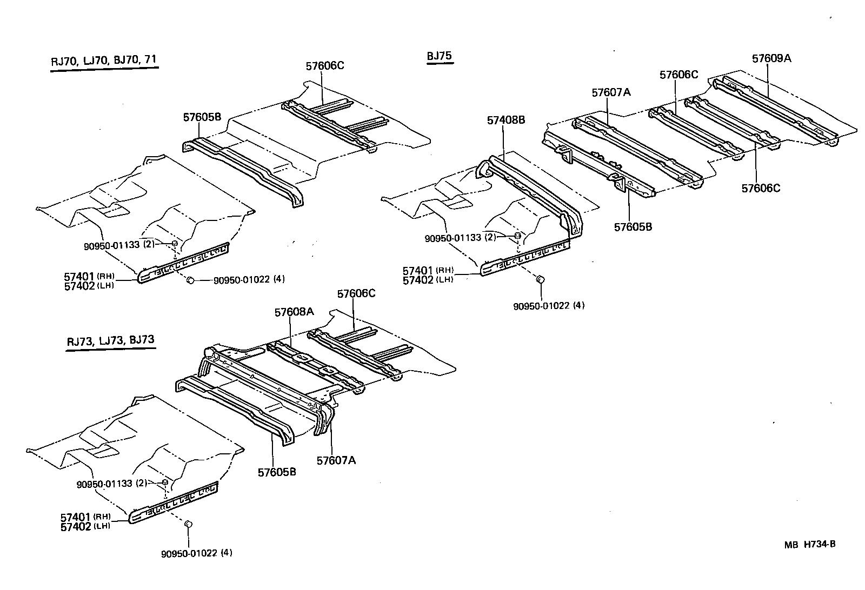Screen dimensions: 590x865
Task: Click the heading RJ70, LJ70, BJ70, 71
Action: pos(104,61)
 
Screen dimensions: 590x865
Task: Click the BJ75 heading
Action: pos(439,56)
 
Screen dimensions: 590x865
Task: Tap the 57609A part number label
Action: pos(771,58)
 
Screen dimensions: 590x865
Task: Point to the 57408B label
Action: pos(505,120)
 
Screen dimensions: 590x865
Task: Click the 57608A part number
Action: pos(294,312)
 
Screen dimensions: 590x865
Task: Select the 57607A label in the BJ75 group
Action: pos(611,92)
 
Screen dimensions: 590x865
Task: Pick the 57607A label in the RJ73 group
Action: pos(336,460)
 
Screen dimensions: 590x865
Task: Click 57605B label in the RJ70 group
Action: pos(202,117)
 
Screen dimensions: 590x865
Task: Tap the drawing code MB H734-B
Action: pos(809,544)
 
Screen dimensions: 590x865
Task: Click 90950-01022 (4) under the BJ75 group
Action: pos(549,306)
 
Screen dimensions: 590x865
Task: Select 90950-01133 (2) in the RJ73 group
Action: pos(112,483)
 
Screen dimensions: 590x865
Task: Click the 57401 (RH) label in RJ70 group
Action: pos(86,277)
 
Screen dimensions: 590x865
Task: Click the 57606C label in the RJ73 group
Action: pos(356,294)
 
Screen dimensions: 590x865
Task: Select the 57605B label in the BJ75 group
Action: pos(633,227)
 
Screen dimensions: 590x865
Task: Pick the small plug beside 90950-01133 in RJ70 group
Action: pos(175,244)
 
